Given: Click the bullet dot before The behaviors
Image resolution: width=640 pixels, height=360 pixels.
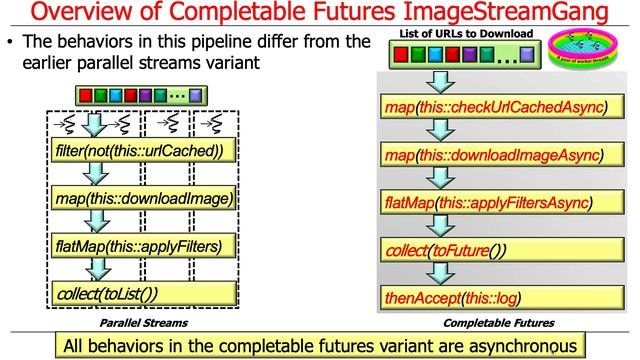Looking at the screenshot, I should click(10, 45).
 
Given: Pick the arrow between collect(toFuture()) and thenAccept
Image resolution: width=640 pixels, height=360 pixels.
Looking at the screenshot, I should click(437, 274).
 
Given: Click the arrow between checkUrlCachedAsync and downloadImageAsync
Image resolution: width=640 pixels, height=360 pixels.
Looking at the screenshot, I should click(437, 131).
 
